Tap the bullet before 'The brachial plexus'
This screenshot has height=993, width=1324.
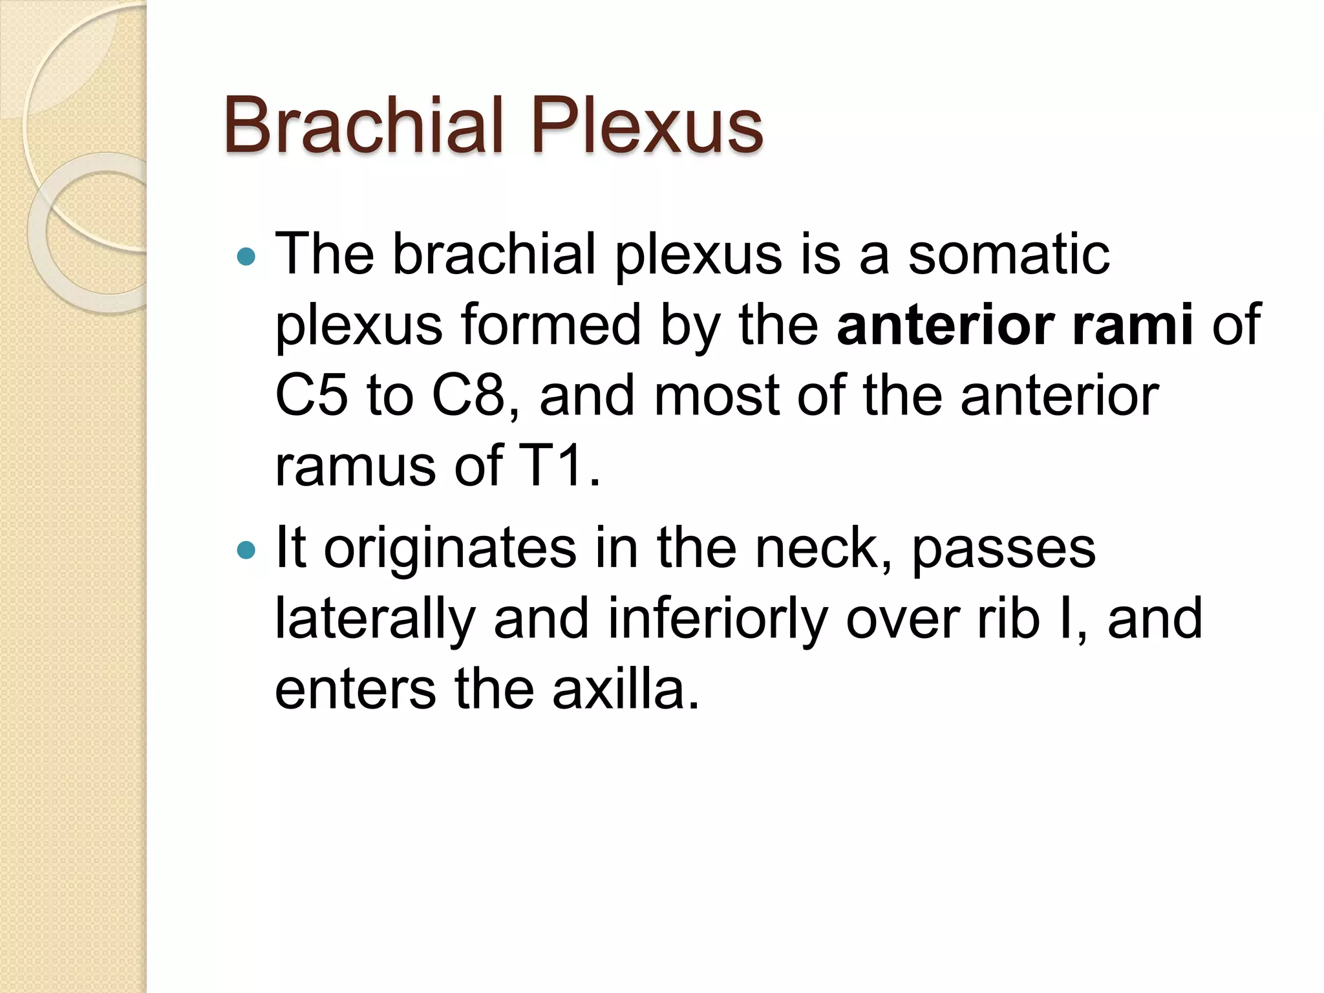(x=246, y=257)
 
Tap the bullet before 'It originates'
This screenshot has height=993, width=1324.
(x=246, y=550)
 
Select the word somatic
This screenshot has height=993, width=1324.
(x=1009, y=254)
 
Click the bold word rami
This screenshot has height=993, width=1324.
(x=1132, y=325)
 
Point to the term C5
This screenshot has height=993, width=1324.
(x=311, y=396)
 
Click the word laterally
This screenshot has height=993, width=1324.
(x=375, y=619)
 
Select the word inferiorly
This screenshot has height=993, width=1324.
(x=717, y=619)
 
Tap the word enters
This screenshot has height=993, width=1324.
(x=355, y=690)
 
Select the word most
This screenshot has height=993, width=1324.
(x=716, y=396)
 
